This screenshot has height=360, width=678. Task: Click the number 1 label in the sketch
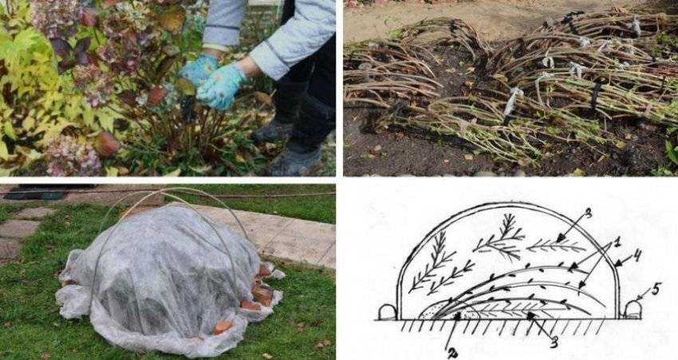click(617, 242)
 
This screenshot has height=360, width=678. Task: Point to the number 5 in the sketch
click(656, 289)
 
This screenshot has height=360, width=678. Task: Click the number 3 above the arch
click(588, 214)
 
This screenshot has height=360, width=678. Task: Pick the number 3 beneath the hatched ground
click(553, 342)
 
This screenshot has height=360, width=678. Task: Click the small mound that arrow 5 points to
click(633, 310)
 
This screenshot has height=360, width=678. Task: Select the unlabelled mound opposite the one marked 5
click(387, 311)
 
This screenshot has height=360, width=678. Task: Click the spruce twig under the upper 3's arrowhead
click(556, 247)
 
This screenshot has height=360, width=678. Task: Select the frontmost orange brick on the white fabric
click(223, 326)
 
